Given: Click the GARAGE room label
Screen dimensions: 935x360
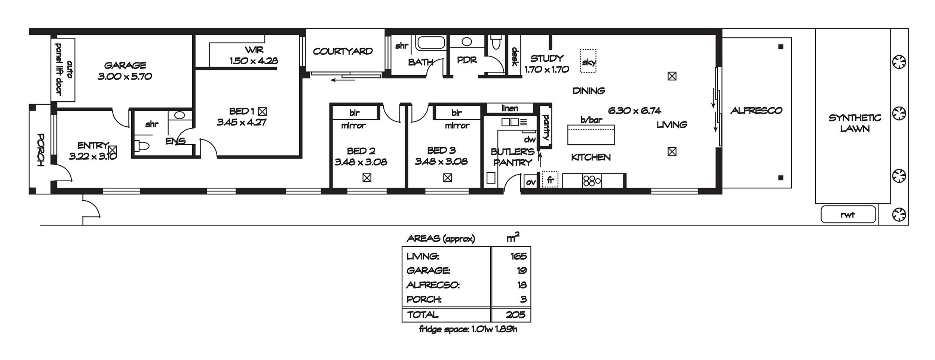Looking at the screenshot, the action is tap(125, 65).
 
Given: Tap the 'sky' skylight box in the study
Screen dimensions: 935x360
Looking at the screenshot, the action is tap(588, 61).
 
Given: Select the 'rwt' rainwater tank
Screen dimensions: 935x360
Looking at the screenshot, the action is tap(848, 215).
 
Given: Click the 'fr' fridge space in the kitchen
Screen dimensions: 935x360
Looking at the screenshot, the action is tap(550, 180).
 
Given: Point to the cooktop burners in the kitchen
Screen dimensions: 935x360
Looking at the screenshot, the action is tap(591, 181).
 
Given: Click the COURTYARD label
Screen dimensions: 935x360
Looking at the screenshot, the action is tap(343, 51).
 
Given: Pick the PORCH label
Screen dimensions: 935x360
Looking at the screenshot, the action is tap(40, 150).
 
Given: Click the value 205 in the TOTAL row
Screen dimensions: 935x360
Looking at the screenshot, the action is tap(516, 314).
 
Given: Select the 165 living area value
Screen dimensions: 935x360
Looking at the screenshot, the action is tap(518, 256).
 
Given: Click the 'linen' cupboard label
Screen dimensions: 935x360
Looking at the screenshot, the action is tap(509, 108).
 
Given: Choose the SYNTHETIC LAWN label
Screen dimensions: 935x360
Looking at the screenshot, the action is tap(855, 123).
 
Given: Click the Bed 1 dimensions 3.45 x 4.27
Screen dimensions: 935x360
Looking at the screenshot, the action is tap(242, 122).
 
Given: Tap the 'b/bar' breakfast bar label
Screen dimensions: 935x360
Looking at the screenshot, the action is tap(591, 120).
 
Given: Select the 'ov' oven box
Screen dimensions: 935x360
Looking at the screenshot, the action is tap(531, 182).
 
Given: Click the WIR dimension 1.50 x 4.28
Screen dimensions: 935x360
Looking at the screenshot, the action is tap(254, 61).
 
